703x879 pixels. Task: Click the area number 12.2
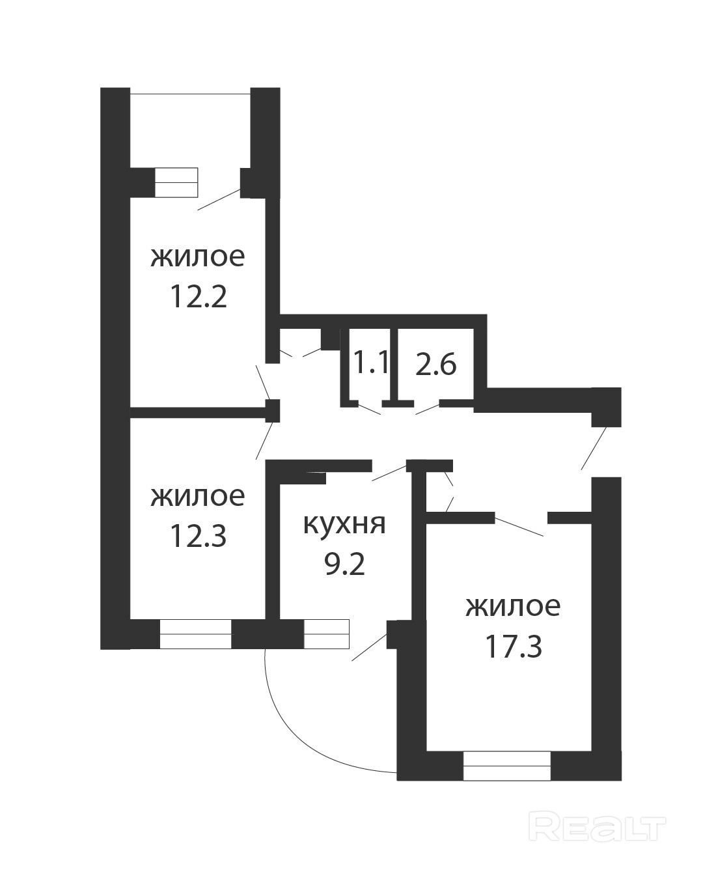(198, 297)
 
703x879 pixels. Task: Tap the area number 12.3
(198, 535)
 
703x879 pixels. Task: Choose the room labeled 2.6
(436, 363)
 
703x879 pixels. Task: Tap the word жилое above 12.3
(198, 496)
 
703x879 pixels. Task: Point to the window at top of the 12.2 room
(176, 182)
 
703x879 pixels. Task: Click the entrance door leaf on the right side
(594, 449)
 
